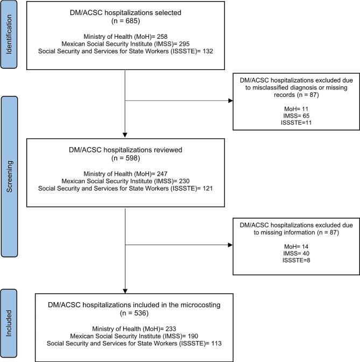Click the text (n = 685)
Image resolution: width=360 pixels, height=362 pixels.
[124, 22]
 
